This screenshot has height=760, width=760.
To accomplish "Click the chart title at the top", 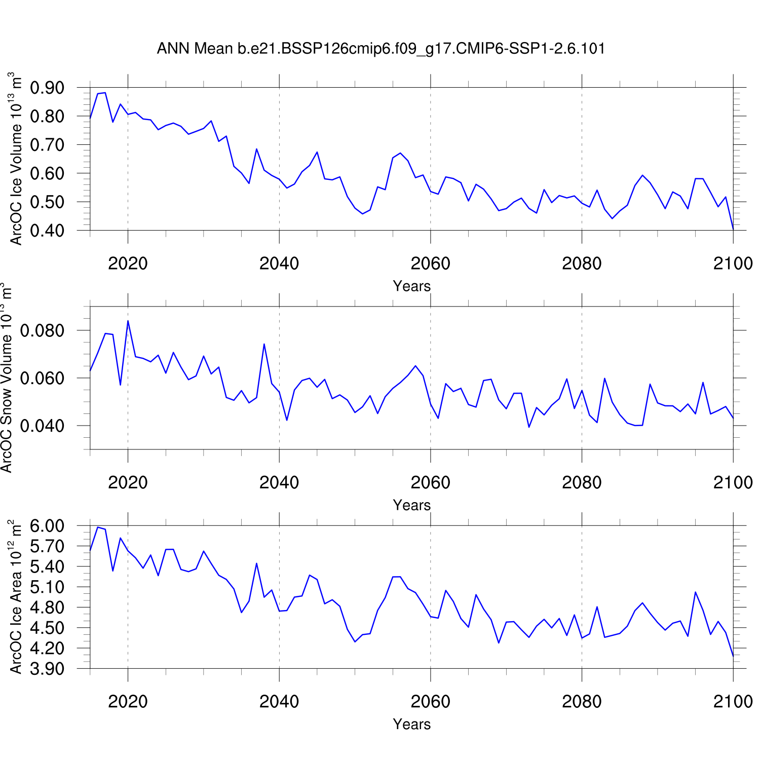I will tap(381, 49).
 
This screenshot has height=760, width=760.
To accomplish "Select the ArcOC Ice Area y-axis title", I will tap(16, 597).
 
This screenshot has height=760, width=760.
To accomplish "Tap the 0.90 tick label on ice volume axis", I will tap(47, 88).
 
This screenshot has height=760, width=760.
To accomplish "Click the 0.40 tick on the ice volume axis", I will tap(47, 231).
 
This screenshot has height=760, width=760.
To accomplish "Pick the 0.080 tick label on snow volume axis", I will tap(42, 331).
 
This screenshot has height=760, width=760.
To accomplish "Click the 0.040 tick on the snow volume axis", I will tap(42, 426).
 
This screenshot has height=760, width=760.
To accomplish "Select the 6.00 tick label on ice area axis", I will tap(47, 526).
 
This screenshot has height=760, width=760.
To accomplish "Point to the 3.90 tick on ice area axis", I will tap(47, 669).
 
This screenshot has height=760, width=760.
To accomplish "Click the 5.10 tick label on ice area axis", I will tap(47, 587).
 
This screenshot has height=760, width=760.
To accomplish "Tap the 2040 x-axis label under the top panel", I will tap(279, 263).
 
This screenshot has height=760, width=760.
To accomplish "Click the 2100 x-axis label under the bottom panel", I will tap(733, 701).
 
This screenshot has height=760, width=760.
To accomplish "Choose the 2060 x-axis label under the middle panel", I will tap(430, 482).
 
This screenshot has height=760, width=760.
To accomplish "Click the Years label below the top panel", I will tap(411, 286).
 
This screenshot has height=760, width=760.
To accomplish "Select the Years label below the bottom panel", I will tap(411, 724).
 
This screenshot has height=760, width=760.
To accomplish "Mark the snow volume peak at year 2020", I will tap(128, 321).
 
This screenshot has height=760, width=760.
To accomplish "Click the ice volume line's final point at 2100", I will tap(733, 229).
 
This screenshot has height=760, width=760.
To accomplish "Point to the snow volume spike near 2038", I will tap(264, 344).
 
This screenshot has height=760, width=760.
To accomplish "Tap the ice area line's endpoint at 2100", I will tap(733, 656).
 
